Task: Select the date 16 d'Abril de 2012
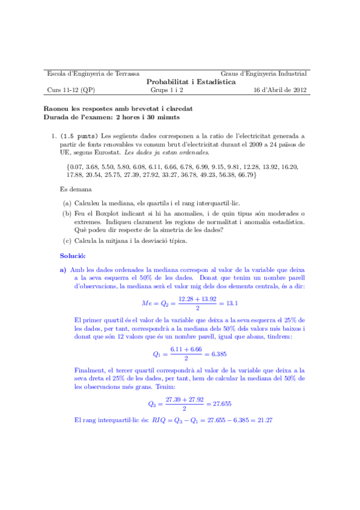[x=281, y=91]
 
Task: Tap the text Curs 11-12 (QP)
[x=70, y=91]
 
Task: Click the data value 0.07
[x=76, y=165]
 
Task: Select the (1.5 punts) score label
[x=81, y=135]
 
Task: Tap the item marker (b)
[x=67, y=214]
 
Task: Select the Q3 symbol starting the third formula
[x=153, y=404]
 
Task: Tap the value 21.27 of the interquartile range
[x=264, y=419]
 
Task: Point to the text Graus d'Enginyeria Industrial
[x=264, y=73]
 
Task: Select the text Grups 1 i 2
[x=167, y=91]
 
